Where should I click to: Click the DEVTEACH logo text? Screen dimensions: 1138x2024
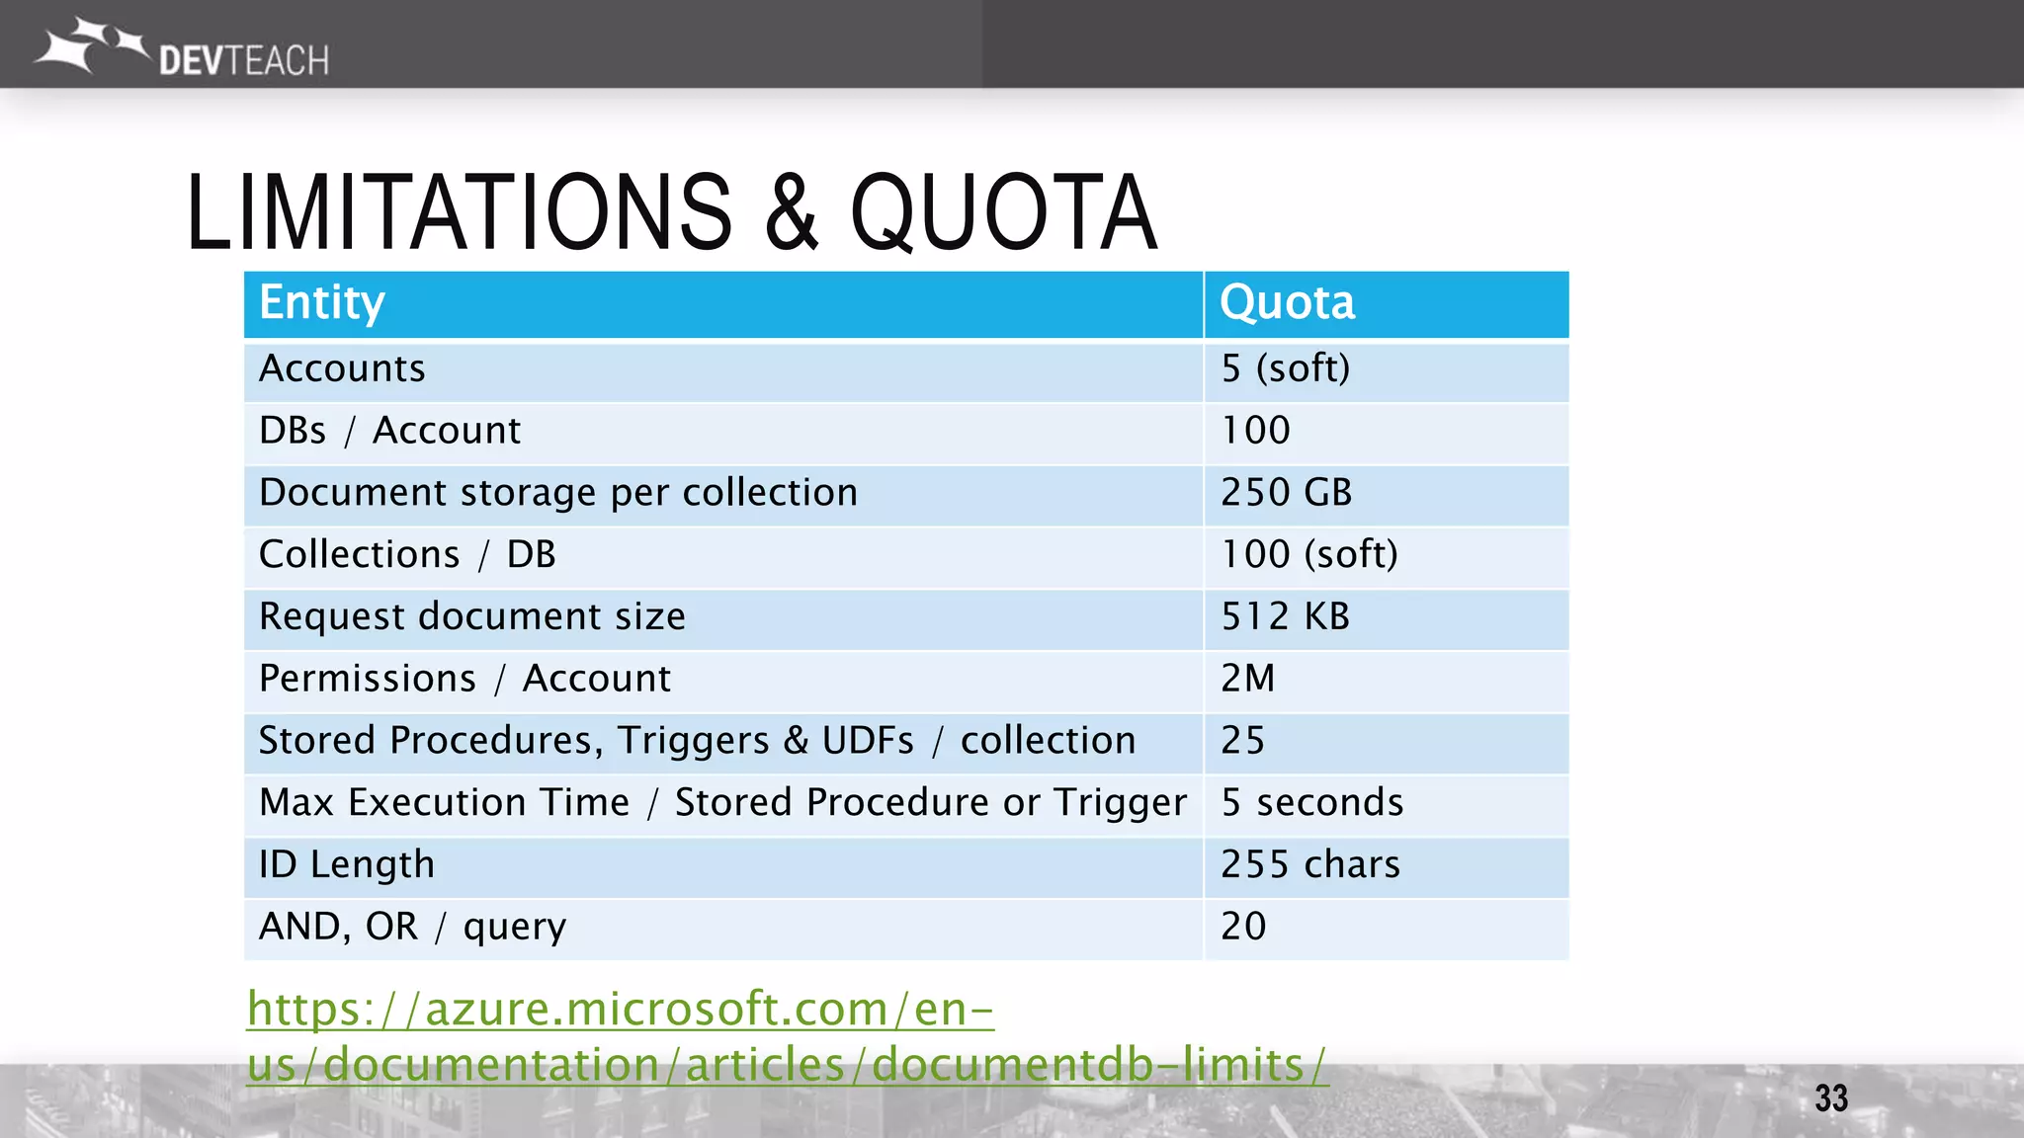[243, 61]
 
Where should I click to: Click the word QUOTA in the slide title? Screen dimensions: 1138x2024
[1002, 212]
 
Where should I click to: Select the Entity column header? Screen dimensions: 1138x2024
[322, 302]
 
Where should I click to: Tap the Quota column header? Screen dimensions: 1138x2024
[1287, 302]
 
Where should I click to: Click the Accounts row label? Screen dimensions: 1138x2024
[342, 368]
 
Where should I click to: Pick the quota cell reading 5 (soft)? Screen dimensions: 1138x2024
[1285, 368]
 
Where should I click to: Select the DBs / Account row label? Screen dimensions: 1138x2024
[389, 431]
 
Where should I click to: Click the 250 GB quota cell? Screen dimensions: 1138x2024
[1286, 492]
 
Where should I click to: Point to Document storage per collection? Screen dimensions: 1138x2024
[558, 492]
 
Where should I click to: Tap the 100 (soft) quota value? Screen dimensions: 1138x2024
[1308, 554]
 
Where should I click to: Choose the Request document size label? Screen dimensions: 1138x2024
[472, 616]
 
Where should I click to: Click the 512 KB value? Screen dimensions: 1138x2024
[1285, 616]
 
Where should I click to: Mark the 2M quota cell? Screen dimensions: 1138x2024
[1247, 679]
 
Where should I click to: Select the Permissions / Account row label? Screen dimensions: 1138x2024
[464, 679]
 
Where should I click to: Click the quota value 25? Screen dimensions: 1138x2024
[1242, 741]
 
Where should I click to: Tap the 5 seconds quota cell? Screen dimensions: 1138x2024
[1311, 802]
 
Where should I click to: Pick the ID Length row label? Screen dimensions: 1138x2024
[346, 864]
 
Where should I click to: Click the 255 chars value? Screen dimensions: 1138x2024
[1309, 864]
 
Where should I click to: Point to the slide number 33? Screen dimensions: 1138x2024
[1830, 1098]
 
